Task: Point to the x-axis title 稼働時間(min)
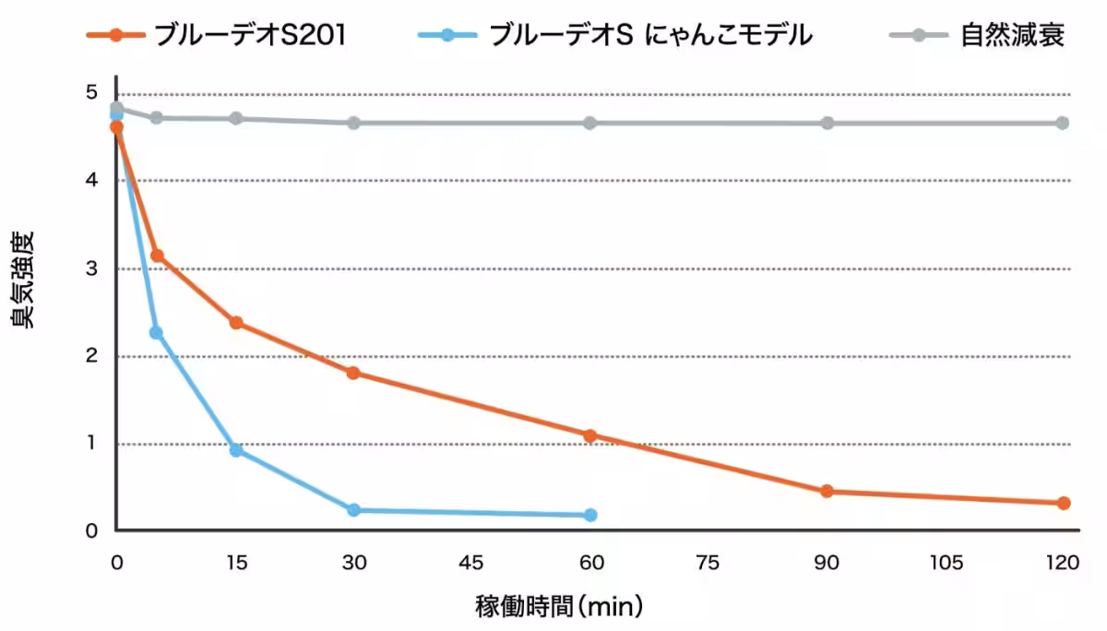[x=559, y=607]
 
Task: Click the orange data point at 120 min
[x=1063, y=503]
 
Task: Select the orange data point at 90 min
[x=827, y=491]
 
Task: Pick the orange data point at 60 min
[x=590, y=435]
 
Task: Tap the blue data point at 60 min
[x=590, y=515]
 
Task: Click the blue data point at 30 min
[x=353, y=509]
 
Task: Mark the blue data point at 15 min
[x=236, y=450]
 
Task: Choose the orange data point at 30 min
[x=352, y=373]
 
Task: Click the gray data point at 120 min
[x=1063, y=123]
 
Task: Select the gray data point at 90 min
[x=827, y=123]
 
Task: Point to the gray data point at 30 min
[x=353, y=123]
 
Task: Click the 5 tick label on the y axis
[x=91, y=93]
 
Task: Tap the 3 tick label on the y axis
[x=91, y=268]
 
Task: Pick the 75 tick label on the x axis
[x=708, y=563]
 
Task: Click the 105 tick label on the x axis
[x=946, y=563]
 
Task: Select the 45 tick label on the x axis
[x=471, y=563]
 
